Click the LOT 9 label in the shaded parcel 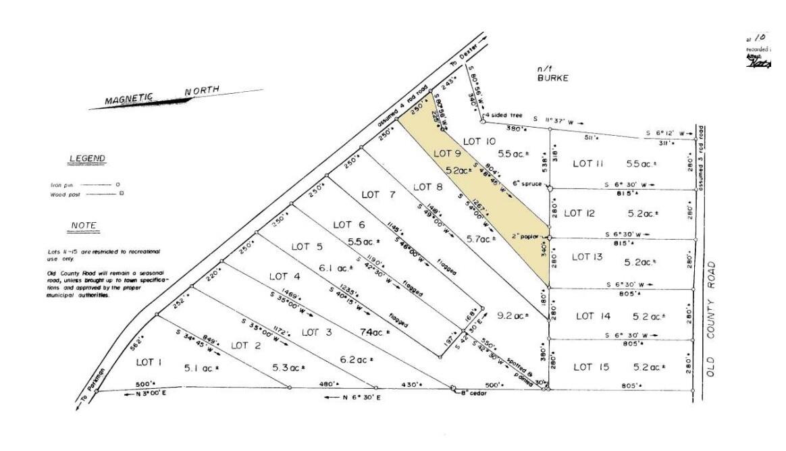(447, 153)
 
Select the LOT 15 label (592, 367)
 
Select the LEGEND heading (87, 159)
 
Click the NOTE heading (84, 225)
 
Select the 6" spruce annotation (528, 184)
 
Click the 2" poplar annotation (527, 237)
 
